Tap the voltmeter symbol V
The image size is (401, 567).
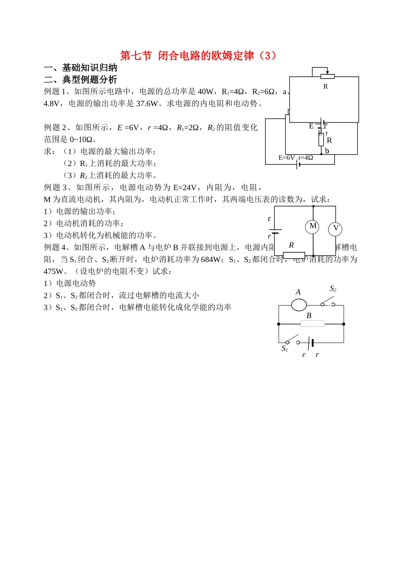[x=336, y=229]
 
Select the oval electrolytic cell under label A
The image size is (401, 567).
[x=299, y=304]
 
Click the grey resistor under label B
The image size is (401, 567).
[x=312, y=324]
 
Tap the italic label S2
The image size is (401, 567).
[x=333, y=289]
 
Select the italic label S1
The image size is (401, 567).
[x=284, y=349]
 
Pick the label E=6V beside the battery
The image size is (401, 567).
[x=287, y=158]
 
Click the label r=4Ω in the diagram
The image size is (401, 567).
[x=306, y=158]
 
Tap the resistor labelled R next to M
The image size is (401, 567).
[x=294, y=255]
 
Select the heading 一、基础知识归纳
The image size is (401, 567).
[x=81, y=68]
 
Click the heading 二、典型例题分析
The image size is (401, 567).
[x=81, y=79]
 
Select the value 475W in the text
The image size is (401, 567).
[x=53, y=271]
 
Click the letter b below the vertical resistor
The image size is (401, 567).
[x=327, y=151]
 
